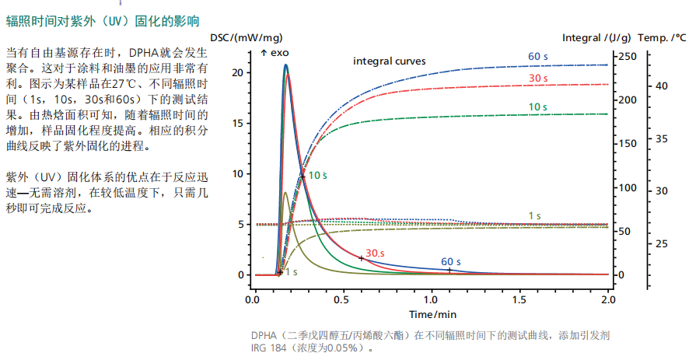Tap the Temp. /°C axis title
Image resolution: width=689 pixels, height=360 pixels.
[662, 37]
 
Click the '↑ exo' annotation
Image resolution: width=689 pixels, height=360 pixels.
[274, 53]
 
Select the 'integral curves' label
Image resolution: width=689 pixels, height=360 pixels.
[390, 61]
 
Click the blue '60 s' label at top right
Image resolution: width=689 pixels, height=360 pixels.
[538, 56]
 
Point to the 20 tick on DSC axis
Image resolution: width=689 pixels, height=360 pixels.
[239, 73]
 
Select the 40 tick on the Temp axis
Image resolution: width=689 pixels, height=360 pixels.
[662, 86]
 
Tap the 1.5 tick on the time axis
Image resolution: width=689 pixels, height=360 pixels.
[519, 299]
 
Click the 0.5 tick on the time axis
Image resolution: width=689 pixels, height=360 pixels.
[341, 299]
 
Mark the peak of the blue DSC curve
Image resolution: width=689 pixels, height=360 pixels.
[286, 65]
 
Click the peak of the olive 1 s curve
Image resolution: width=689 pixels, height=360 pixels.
[285, 193]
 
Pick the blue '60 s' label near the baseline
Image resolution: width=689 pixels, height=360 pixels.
[451, 261]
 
